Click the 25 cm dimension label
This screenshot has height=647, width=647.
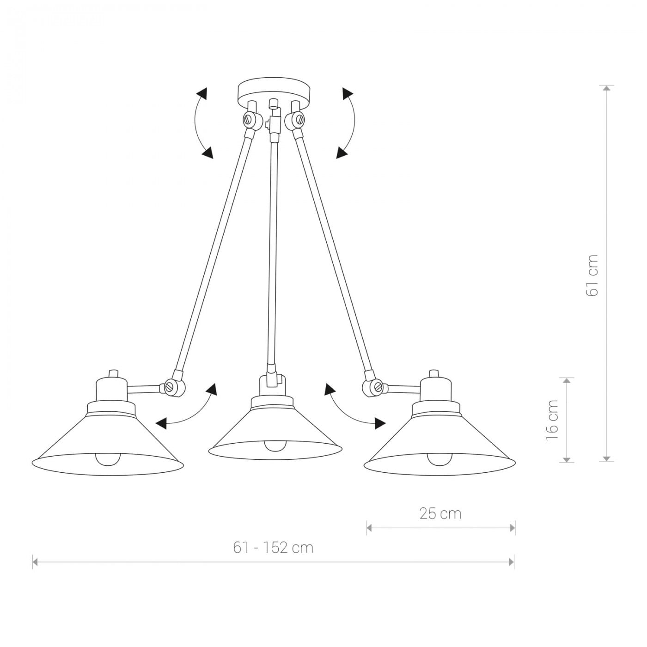click(440, 514)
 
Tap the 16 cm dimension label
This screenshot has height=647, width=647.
click(552, 420)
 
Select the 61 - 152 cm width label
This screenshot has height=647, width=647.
click(273, 548)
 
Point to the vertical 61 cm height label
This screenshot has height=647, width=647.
click(592, 275)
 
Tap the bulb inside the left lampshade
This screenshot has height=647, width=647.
click(107, 458)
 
